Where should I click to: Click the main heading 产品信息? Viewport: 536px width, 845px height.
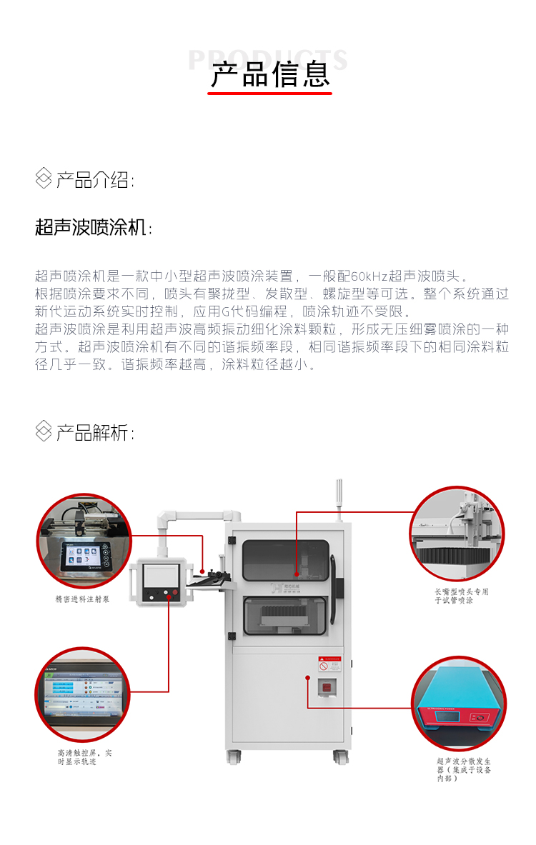tap(270, 75)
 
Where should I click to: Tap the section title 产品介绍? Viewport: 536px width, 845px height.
tap(94, 180)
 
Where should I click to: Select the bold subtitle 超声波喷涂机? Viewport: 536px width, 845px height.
tap(91, 228)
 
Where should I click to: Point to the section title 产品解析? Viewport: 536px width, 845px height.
tap(94, 432)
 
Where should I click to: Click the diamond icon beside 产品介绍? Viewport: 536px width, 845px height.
tap(44, 179)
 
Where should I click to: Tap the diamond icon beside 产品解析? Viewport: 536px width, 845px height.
tap(44, 431)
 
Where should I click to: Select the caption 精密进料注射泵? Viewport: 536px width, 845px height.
tap(82, 600)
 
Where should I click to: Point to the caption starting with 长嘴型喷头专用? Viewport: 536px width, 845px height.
tap(462, 596)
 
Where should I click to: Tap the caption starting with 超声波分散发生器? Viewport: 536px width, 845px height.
tap(464, 769)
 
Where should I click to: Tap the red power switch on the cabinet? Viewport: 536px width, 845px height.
tap(327, 687)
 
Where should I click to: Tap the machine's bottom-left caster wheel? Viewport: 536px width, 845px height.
tap(234, 755)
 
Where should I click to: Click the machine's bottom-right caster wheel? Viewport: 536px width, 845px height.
tap(340, 756)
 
